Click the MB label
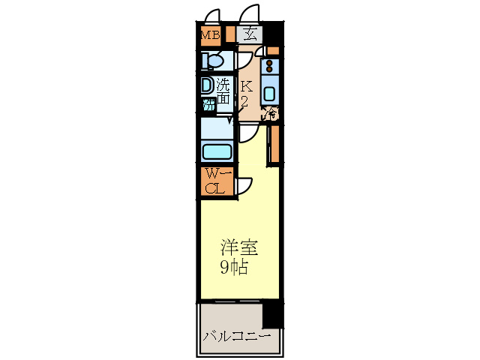[209, 34]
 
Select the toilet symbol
[212, 61]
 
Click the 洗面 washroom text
[223, 93]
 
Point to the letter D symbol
[207, 85]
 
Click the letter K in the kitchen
[246, 85]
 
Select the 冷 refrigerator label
[271, 115]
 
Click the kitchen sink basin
[271, 94]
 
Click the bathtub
[217, 152]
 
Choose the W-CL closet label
[215, 181]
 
